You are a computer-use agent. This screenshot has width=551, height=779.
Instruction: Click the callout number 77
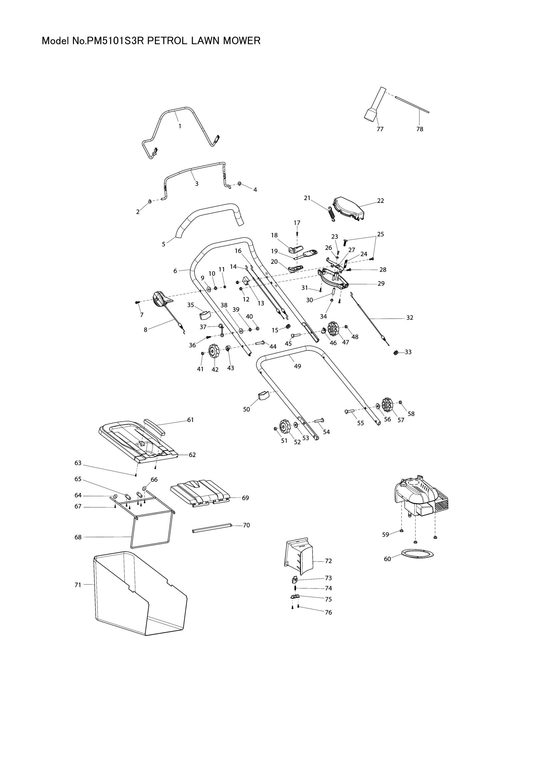click(380, 129)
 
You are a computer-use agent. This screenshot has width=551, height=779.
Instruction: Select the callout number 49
click(297, 366)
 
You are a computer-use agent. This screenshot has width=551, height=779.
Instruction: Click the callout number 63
click(78, 463)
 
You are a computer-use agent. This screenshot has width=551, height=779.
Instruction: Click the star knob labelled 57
click(387, 404)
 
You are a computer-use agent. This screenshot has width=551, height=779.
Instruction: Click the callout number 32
click(410, 318)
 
